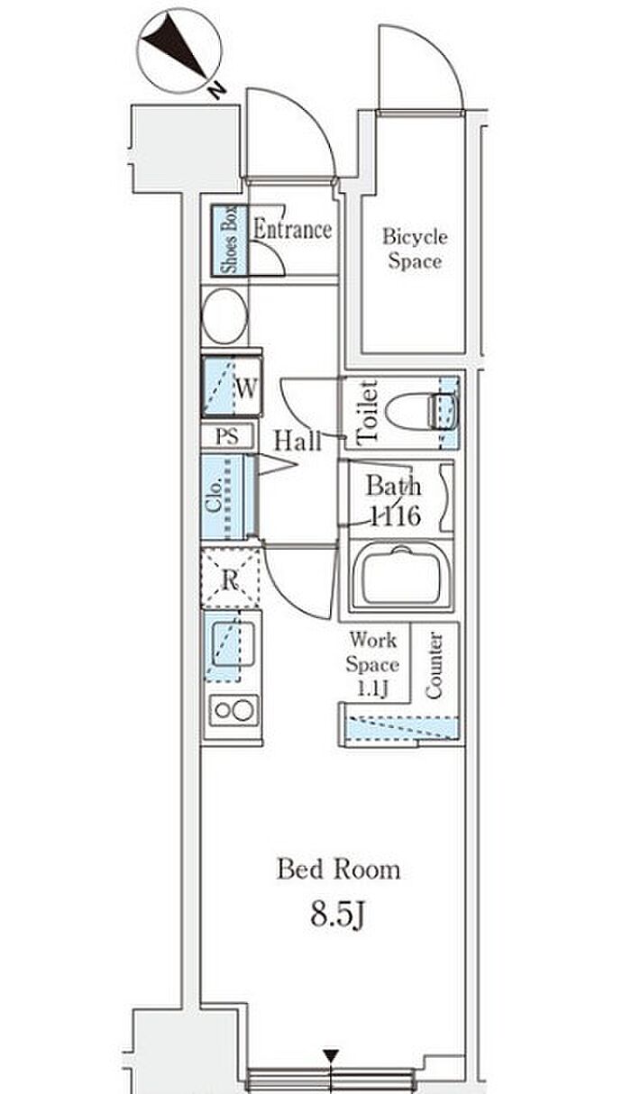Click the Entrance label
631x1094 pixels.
(x=293, y=230)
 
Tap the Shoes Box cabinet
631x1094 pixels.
(x=230, y=240)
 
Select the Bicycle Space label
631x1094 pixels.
(x=415, y=249)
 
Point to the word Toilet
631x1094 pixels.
(x=367, y=412)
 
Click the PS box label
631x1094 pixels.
(x=227, y=436)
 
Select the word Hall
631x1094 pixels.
(x=297, y=441)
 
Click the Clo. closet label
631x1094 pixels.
(x=214, y=496)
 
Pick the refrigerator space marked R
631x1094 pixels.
(x=230, y=579)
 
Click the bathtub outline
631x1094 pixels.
(x=401, y=577)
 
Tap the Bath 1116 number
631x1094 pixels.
(x=396, y=516)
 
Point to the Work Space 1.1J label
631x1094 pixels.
(x=372, y=665)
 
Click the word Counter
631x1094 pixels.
(x=434, y=665)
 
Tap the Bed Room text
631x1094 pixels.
(x=338, y=870)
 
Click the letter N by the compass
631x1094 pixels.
(x=215, y=90)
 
